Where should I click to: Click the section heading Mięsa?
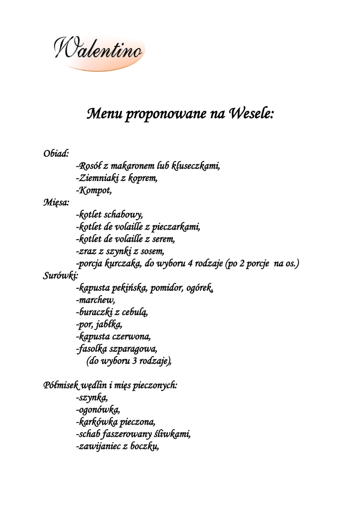56,202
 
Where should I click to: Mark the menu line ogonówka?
98,409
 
